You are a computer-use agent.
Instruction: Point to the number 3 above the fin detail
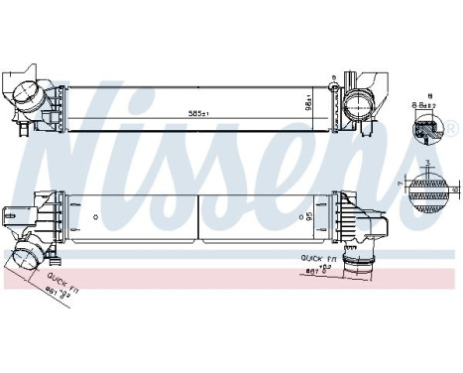[x=427, y=162]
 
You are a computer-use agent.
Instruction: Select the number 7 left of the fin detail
[x=403, y=183]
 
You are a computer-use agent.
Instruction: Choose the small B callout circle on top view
[x=334, y=78]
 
